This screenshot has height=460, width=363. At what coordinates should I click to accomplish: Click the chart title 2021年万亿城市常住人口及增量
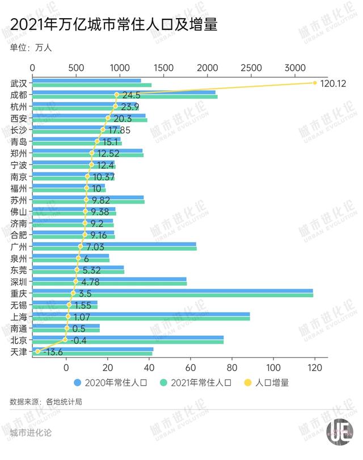pyautogui.click(x=113, y=24)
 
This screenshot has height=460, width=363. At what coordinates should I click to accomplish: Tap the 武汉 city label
pyautogui.click(x=19, y=83)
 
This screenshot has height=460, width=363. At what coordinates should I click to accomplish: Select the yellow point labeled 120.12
pyautogui.click(x=315, y=83)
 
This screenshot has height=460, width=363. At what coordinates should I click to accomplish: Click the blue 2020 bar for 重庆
pyautogui.click(x=170, y=291)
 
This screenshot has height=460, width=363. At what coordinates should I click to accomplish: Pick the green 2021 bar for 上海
pyautogui.click(x=142, y=319)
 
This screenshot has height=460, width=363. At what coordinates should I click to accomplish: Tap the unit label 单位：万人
pyautogui.click(x=31, y=48)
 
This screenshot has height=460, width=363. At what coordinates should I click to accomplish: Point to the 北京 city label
pyautogui.click(x=19, y=340)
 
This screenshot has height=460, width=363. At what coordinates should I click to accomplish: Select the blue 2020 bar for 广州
pyautogui.click(x=113, y=244)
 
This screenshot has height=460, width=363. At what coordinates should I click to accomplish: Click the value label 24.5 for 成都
pyautogui.click(x=130, y=95)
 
